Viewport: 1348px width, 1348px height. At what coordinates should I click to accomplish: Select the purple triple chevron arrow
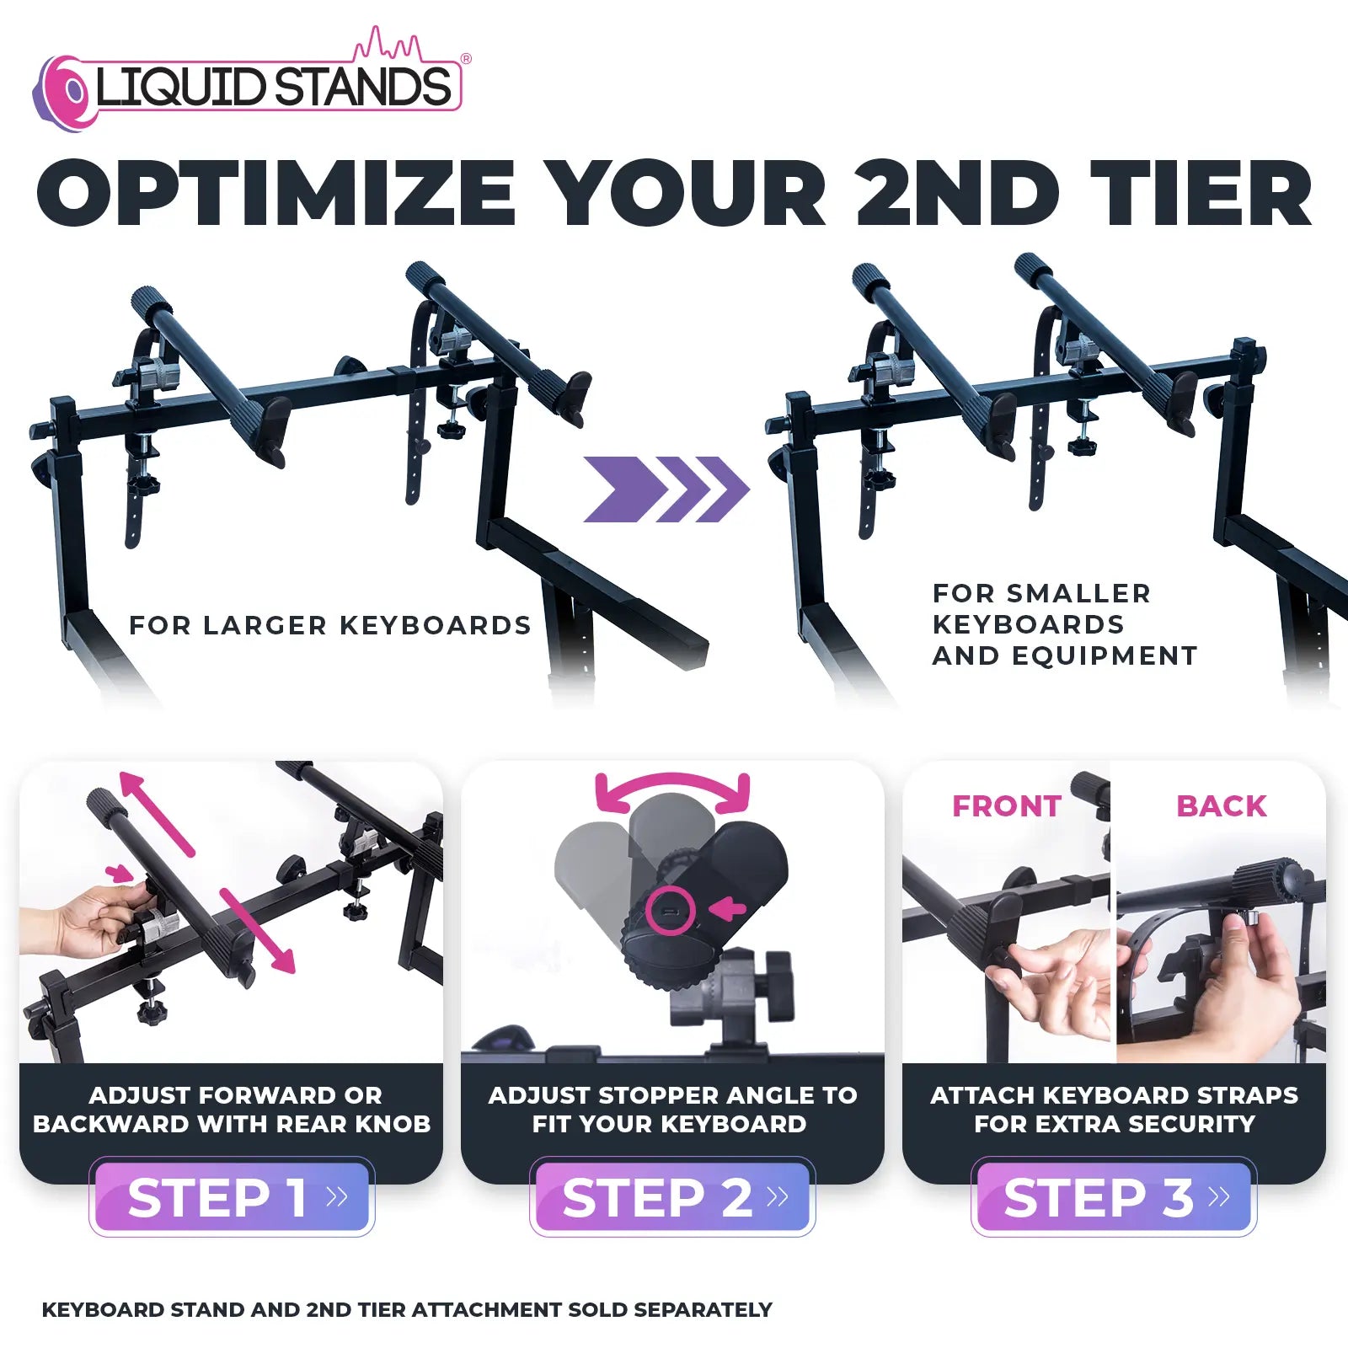(x=666, y=489)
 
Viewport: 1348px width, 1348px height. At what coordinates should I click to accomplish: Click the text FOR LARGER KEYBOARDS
(x=330, y=625)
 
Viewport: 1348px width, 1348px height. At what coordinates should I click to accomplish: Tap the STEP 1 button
(x=232, y=1197)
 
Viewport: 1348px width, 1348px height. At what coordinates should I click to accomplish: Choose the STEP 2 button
(x=672, y=1197)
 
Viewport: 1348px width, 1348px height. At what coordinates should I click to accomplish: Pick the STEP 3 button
(x=1114, y=1197)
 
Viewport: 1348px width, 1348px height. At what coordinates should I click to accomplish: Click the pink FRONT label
(x=1006, y=806)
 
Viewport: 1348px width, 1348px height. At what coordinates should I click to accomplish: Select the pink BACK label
(x=1222, y=806)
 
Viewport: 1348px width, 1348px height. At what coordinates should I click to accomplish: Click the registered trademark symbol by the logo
(x=466, y=59)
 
